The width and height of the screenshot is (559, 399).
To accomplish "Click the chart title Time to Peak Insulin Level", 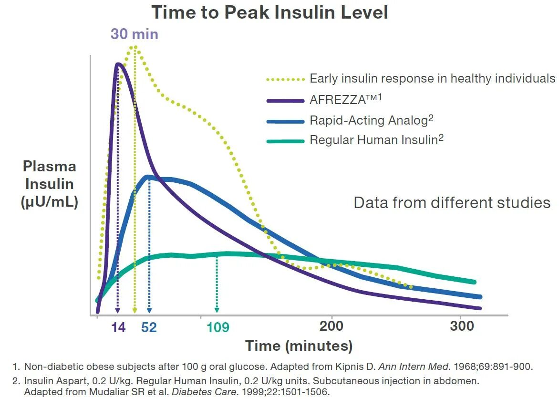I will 269,12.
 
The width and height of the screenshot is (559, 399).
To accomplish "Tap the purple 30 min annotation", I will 135,34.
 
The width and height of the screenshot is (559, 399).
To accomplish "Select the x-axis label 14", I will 118,327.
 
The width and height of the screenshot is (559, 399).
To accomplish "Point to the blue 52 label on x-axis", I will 149,327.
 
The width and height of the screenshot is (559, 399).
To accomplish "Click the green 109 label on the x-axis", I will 217,327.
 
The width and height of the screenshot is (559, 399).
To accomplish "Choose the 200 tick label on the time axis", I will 331,326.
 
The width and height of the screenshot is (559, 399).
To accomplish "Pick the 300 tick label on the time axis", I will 462,326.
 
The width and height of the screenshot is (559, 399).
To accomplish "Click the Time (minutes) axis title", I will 299,346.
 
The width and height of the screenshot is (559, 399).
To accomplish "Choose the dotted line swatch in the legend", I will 285,79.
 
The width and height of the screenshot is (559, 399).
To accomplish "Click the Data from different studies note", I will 452,202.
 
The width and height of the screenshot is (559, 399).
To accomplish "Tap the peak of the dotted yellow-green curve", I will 135,47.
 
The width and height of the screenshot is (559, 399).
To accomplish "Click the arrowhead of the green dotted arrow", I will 217,310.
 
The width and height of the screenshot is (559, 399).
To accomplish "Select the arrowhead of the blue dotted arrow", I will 149,310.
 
